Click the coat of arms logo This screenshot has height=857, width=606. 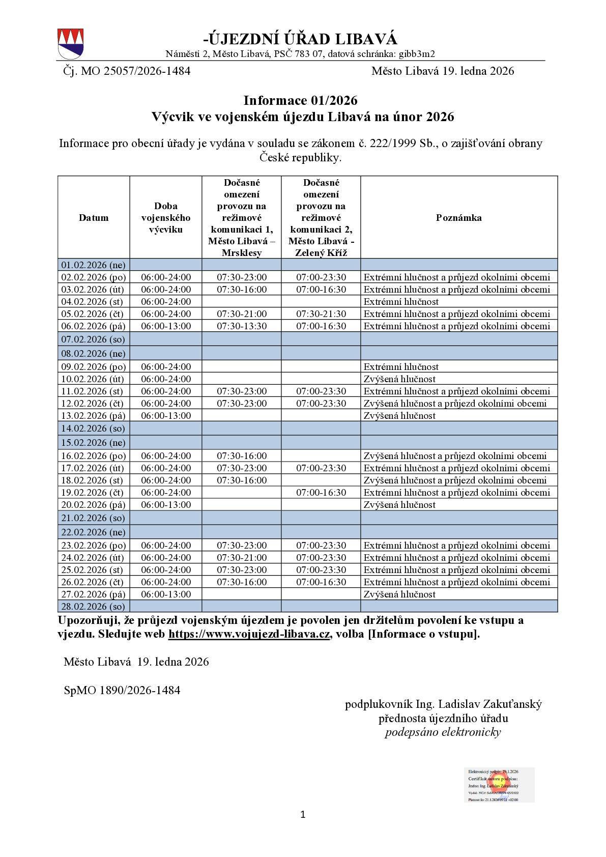click(71, 44)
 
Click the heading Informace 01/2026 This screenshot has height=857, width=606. click(300, 100)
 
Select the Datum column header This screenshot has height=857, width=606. click(94, 218)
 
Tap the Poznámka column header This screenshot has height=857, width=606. click(458, 218)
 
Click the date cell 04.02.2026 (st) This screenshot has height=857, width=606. click(93, 302)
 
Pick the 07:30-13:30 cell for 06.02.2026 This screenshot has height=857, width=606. click(242, 326)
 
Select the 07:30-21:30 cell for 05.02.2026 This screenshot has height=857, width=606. click(321, 314)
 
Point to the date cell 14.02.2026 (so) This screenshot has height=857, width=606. click(93, 428)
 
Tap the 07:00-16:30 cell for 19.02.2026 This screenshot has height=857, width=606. click(321, 493)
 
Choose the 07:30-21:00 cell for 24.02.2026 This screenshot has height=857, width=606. click(242, 558)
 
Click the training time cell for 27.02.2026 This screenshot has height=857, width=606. click(166, 594)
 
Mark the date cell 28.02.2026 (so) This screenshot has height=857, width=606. click(93, 607)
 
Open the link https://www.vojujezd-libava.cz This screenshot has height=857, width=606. click(249, 635)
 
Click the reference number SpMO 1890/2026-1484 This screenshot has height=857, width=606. click(122, 691)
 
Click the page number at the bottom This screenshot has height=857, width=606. click(303, 815)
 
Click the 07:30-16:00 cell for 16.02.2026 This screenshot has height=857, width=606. click(242, 456)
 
